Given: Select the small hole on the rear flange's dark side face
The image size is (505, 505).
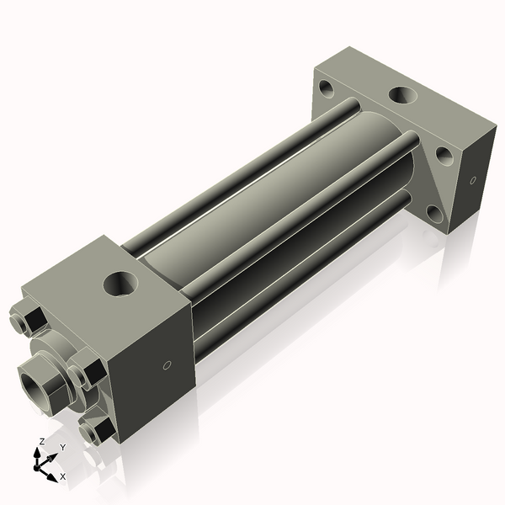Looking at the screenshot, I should coord(471,180).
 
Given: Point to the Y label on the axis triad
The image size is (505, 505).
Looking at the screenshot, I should coord(62,447).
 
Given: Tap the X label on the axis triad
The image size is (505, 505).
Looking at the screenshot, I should coord(62,476).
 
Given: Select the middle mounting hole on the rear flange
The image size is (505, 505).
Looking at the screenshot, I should coord(440,156).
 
